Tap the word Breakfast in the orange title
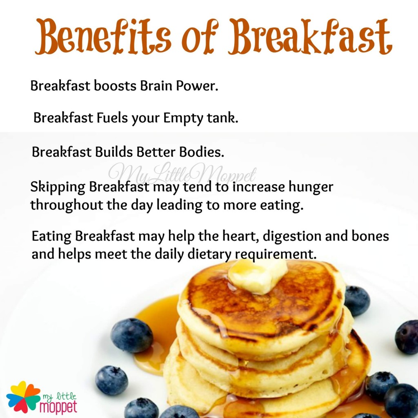[311, 36]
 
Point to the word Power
[197, 86]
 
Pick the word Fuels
[112, 118]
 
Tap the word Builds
[114, 152]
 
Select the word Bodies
[202, 152]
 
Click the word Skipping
[58, 187]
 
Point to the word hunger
[311, 187]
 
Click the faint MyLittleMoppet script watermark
[182, 173]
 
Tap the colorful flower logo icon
[23, 397]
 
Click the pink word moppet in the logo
[58, 407]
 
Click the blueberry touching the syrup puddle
[132, 335]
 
